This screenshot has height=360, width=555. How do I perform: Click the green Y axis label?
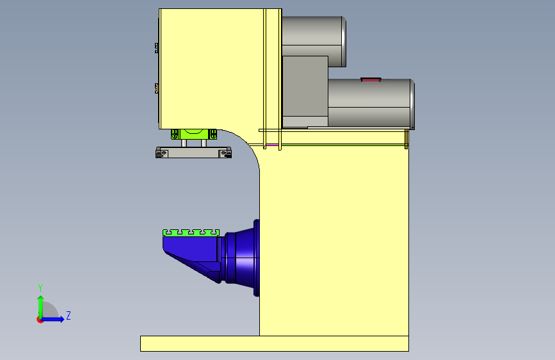(40, 288)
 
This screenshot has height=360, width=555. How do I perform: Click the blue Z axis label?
(68, 315)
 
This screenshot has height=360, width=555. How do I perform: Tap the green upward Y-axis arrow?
(41, 307)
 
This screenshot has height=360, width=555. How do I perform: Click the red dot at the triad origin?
(40, 320)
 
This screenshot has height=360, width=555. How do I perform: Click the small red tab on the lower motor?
(371, 79)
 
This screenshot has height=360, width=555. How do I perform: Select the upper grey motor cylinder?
(314, 42)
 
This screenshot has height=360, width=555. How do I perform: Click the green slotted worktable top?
(191, 233)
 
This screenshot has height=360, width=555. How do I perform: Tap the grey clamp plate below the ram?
(193, 152)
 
